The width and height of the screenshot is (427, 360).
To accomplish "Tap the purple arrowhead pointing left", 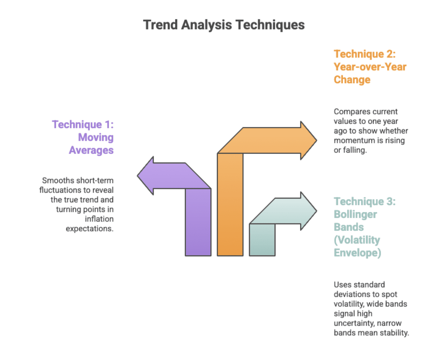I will [146, 175].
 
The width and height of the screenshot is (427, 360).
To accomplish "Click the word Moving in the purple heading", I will [96, 137].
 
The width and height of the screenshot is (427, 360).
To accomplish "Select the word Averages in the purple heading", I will [91, 150].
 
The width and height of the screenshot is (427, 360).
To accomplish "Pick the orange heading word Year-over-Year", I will [370, 67].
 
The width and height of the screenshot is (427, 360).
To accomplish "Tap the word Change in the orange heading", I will [352, 80].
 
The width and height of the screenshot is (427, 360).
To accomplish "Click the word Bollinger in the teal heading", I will [355, 214].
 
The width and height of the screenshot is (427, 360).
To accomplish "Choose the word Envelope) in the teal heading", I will [358, 253].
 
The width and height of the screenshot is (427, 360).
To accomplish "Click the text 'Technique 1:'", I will [83, 124].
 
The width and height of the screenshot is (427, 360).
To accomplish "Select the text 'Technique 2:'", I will [365, 54].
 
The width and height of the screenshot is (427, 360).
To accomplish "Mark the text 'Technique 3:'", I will [365, 202].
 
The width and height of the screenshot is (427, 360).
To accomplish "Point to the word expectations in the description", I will [89, 229].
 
